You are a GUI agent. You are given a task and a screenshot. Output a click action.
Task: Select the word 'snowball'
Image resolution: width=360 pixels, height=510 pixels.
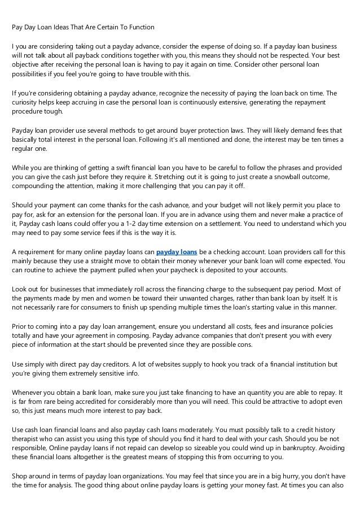pos(270,177)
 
